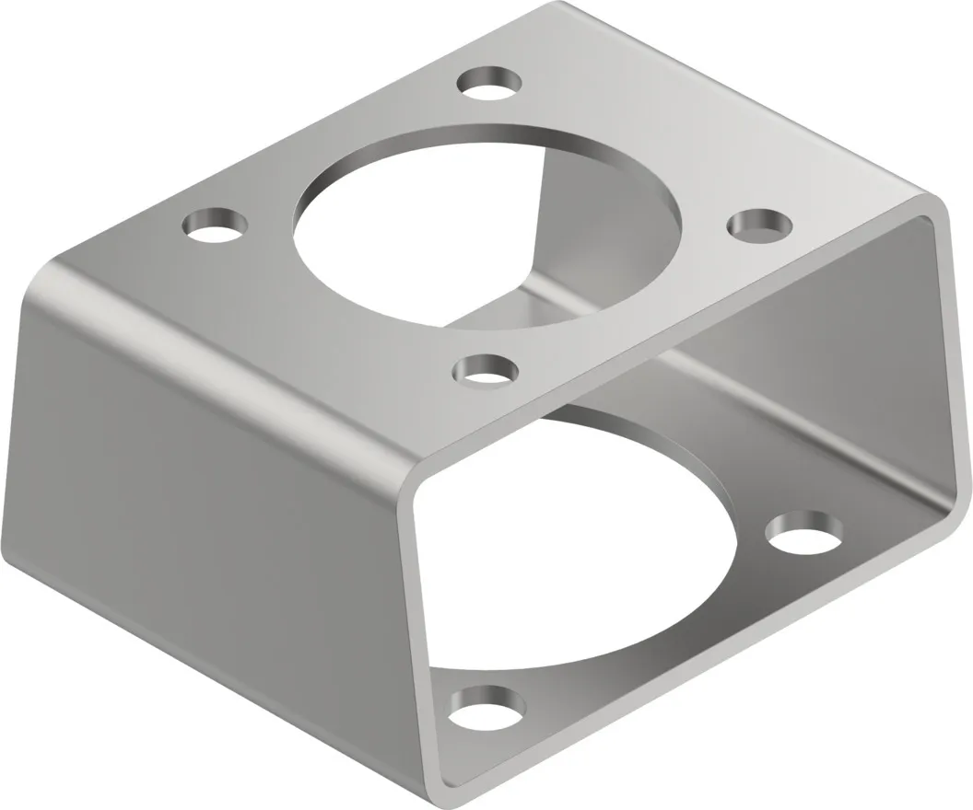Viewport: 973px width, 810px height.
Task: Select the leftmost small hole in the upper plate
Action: [217, 224]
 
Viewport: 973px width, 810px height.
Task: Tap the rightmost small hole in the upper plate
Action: [760, 225]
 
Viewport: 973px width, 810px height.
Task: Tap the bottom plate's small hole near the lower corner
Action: [487, 707]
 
